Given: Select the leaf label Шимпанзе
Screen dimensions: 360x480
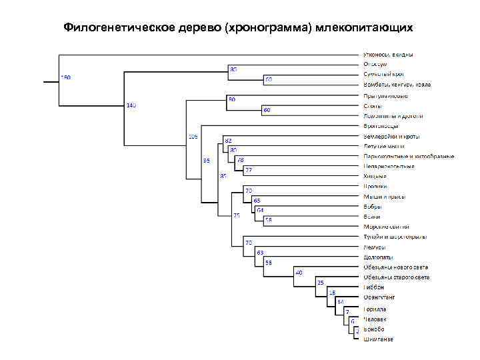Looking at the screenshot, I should click(378, 339).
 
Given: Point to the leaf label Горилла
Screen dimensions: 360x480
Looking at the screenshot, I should click(375, 309).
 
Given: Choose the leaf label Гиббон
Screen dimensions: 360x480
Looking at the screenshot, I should click(374, 287).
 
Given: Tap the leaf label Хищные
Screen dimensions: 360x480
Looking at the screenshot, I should click(375, 176).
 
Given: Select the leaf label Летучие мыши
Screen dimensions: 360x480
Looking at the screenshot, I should click(383, 146).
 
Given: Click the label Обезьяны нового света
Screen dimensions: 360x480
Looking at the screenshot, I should click(396, 267).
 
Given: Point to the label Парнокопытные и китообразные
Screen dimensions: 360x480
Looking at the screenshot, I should click(409, 156).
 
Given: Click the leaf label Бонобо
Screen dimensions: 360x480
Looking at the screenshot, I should click(374, 329).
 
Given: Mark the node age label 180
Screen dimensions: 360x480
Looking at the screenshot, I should click(65, 77).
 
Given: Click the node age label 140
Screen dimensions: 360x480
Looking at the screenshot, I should click(131, 106).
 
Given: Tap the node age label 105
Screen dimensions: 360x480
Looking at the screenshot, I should click(193, 137).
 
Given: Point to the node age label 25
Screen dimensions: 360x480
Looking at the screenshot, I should click(320, 283).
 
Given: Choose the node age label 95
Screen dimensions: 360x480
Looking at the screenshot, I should click(206, 161).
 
